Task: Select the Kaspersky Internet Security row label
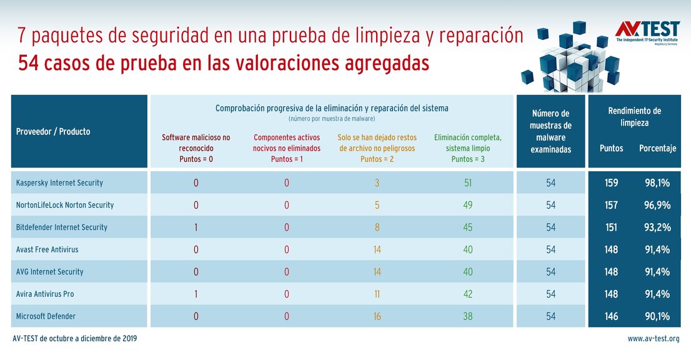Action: point(59,183)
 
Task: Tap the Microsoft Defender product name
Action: point(46,316)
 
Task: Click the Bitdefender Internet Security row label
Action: point(61,227)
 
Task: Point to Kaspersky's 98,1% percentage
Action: point(657,183)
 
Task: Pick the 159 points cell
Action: point(611,183)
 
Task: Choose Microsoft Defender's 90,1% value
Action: point(657,316)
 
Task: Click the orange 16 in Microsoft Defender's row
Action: point(377,316)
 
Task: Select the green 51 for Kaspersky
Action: point(468,183)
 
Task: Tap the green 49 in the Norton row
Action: point(468,205)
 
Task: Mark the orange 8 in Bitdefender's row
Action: point(377,227)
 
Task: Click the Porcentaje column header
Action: point(657,149)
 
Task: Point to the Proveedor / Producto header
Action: point(53,132)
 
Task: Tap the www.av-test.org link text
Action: point(654,339)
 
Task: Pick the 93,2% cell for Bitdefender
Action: point(657,227)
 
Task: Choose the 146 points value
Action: point(611,316)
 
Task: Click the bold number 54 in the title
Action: point(29,63)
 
